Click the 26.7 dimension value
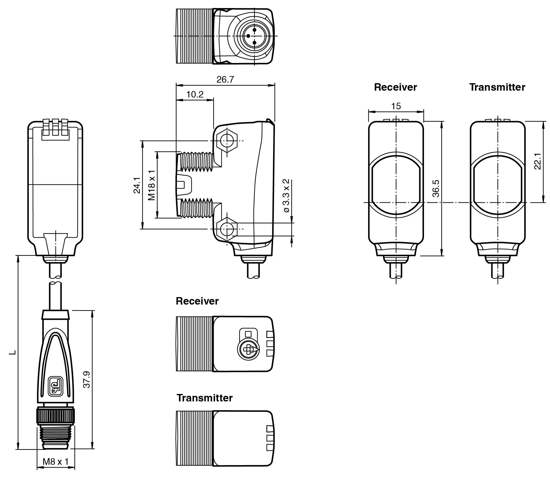225,79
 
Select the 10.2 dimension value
195,94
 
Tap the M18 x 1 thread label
151,185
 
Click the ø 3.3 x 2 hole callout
286,196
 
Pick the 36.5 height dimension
436,188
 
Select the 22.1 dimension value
538,161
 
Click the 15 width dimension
396,106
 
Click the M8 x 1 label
56,462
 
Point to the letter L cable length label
13,352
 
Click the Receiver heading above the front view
395,87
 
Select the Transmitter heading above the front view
497,87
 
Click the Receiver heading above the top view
197,301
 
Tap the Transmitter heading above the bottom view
205,398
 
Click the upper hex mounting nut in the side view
227,141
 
